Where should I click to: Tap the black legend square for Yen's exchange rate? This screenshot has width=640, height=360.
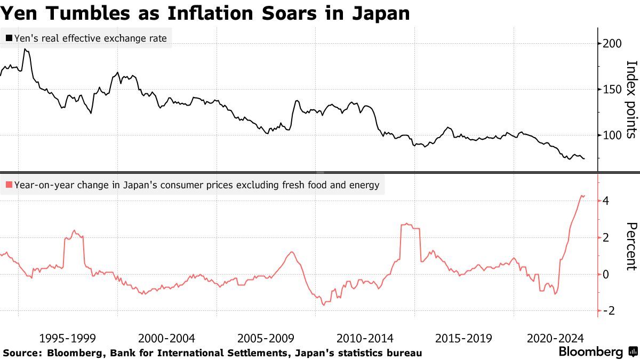coord(9,38)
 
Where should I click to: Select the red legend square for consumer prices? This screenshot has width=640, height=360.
coord(9,185)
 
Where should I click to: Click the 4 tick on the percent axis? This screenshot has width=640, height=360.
coord(606,201)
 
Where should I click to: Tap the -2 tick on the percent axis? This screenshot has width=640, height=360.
coord(609,310)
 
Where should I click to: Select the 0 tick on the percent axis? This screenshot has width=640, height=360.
coord(606,274)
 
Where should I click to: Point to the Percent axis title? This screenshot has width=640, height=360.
coord(631,246)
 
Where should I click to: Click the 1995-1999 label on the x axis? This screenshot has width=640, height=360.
coord(67,338)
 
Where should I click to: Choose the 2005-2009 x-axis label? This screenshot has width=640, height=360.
coord(266,338)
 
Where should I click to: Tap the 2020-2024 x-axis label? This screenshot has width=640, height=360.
coord(555,338)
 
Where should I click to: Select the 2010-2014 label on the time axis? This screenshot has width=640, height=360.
coord(365,338)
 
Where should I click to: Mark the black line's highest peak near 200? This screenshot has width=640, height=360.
coord(26,49)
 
